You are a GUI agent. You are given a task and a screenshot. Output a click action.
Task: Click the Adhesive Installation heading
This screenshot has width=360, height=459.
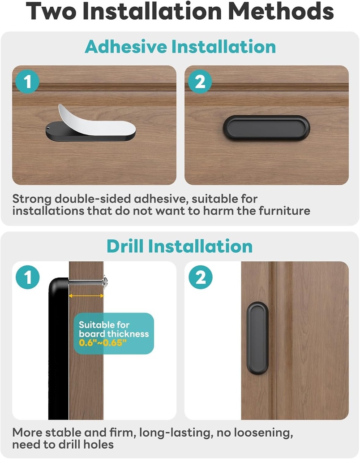tap(180, 47)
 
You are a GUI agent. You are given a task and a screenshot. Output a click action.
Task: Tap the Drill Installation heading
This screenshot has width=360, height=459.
tap(180, 246)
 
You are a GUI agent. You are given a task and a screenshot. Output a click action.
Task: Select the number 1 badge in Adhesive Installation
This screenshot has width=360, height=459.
tap(27, 82)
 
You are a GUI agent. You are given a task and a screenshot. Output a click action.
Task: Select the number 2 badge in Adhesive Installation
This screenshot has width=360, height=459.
tap(200, 82)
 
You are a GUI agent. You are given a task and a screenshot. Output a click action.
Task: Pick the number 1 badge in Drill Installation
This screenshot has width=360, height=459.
tap(27, 278)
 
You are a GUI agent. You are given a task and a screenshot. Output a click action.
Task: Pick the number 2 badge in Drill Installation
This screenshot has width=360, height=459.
tap(200, 278)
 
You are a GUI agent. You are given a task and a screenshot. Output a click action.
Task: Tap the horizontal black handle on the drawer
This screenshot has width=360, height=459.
tap(266, 128)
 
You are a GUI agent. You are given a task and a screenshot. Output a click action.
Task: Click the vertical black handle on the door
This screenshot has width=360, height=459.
tap(257, 338)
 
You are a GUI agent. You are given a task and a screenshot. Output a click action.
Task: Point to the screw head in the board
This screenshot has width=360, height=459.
tap(105, 282)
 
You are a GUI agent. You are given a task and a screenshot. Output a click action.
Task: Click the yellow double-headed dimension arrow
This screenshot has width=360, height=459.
tap(86, 296)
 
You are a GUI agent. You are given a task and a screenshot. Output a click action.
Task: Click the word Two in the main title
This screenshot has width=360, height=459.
tap(51, 12)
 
